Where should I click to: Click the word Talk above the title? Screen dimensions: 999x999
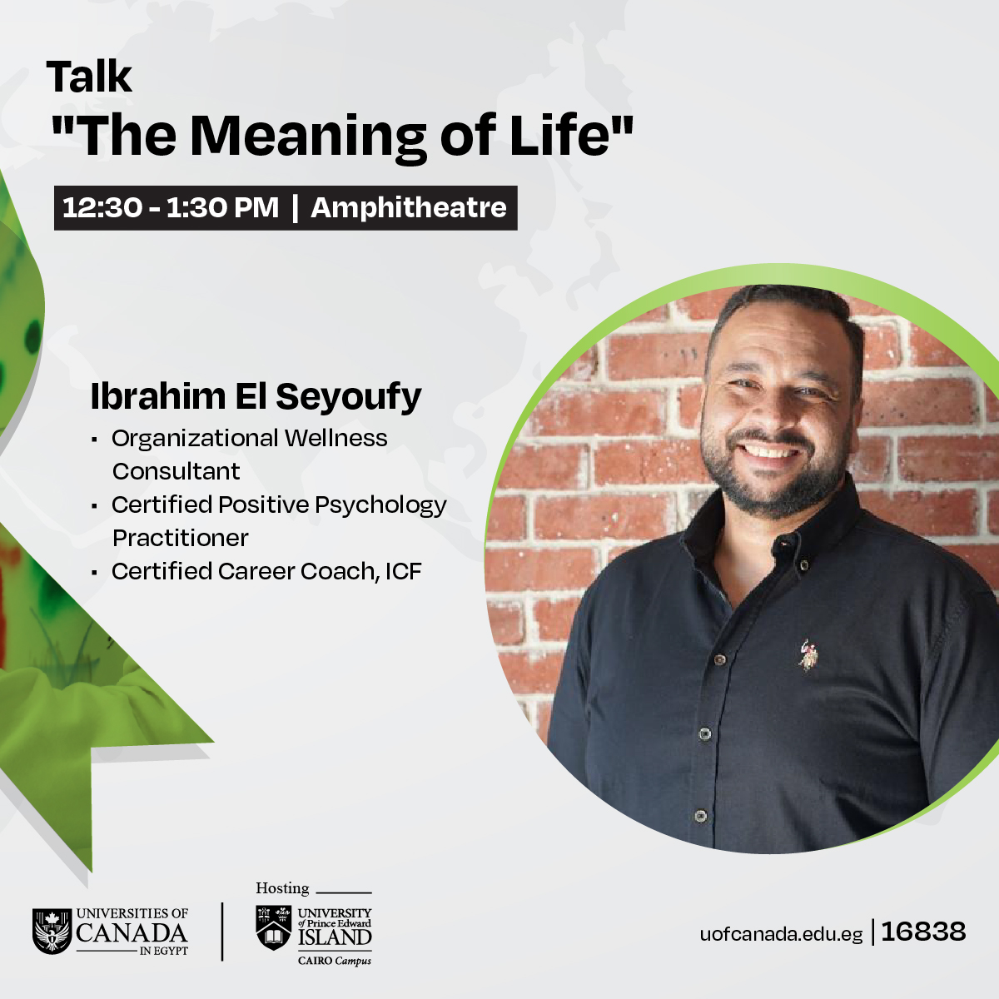(x=89, y=77)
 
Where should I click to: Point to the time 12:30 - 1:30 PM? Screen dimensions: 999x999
(x=171, y=207)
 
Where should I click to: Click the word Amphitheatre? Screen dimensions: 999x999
(x=409, y=207)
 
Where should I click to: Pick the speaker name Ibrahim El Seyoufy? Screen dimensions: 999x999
(x=256, y=396)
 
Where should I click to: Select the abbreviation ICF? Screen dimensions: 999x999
(x=403, y=571)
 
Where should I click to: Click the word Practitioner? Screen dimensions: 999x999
(x=181, y=538)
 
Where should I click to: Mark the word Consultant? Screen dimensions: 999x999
(x=176, y=471)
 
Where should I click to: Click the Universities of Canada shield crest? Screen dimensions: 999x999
(x=52, y=931)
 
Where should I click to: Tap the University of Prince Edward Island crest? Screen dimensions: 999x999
(x=274, y=927)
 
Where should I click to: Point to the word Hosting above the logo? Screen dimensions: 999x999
(x=282, y=888)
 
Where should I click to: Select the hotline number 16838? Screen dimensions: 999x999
(x=923, y=932)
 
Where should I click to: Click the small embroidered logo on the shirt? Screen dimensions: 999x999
(x=807, y=655)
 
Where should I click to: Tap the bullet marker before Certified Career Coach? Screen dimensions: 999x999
(x=94, y=572)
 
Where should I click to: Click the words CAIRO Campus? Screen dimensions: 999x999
(x=335, y=961)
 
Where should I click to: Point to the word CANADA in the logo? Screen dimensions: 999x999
(x=132, y=932)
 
